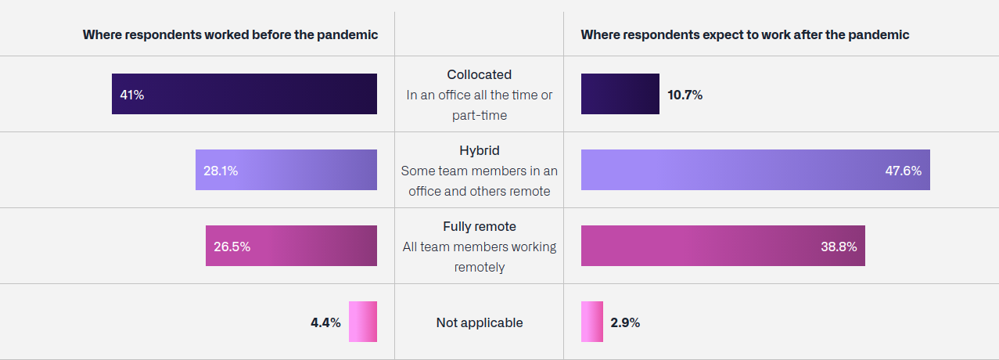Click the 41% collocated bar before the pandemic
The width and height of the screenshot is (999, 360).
[x=244, y=94]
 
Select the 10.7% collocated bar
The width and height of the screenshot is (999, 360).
[x=620, y=94]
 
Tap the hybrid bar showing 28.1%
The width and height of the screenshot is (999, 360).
[x=286, y=170]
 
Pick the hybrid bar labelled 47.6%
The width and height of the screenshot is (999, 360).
[x=756, y=170]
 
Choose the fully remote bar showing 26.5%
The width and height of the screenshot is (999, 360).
[x=291, y=246]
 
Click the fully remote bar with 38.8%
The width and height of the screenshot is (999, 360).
[x=723, y=246]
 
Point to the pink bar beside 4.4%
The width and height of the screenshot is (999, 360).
[x=362, y=322]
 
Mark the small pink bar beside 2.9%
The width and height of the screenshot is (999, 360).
[x=592, y=322]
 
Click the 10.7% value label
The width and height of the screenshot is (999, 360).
[x=685, y=95]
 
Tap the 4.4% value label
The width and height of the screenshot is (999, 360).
[x=325, y=322]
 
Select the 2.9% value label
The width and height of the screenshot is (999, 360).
[x=625, y=322]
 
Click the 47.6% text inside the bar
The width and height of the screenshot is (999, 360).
[x=903, y=171]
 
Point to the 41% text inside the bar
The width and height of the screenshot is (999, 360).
[x=131, y=95]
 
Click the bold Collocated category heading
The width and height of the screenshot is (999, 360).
[x=480, y=74]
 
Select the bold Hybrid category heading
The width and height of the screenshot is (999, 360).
[x=480, y=151]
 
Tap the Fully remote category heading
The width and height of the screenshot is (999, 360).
[x=480, y=227]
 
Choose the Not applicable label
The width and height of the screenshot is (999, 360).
[x=480, y=322]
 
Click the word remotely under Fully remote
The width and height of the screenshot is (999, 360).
[x=480, y=267]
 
